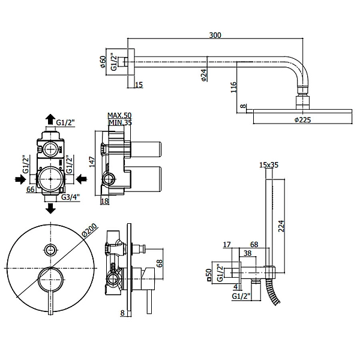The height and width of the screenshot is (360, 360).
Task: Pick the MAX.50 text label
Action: tap(119, 115)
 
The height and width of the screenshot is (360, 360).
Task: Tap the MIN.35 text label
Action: tap(119, 122)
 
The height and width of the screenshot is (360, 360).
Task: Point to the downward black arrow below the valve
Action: tap(51, 208)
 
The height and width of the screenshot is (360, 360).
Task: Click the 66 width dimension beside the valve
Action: tap(30, 190)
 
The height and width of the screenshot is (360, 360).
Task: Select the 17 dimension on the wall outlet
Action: tap(227, 244)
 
